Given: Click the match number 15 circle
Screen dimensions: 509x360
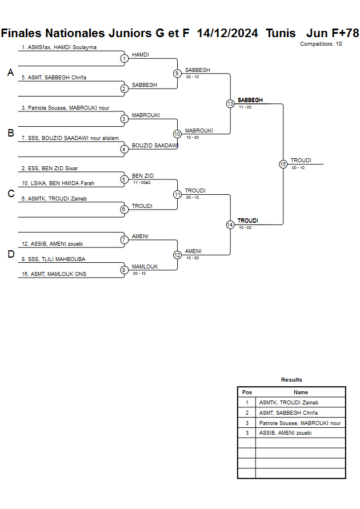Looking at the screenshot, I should tap(283, 164).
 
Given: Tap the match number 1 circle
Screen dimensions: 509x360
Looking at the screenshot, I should tap(124, 58).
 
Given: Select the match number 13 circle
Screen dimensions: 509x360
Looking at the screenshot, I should tap(230, 104).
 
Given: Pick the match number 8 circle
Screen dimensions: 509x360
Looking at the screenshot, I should tap(124, 270).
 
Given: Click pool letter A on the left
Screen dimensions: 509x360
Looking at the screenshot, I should tap(10, 73).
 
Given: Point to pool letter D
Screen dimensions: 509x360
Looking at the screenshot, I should tap(10, 255).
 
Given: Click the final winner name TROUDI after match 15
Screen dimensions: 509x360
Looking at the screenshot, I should tap(301, 161).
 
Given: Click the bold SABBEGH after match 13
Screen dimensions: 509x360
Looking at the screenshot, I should tap(250, 100).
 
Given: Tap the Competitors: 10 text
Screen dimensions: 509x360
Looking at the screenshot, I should tap(321, 44).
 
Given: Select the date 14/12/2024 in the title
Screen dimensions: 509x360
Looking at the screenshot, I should tap(227, 33).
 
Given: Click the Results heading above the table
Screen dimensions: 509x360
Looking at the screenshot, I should tap(291, 380).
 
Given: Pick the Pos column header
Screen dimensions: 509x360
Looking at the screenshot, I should tap(247, 392).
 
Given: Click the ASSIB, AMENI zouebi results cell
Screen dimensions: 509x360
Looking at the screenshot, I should tap(285, 433).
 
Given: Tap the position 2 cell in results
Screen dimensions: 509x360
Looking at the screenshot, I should tap(247, 412).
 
